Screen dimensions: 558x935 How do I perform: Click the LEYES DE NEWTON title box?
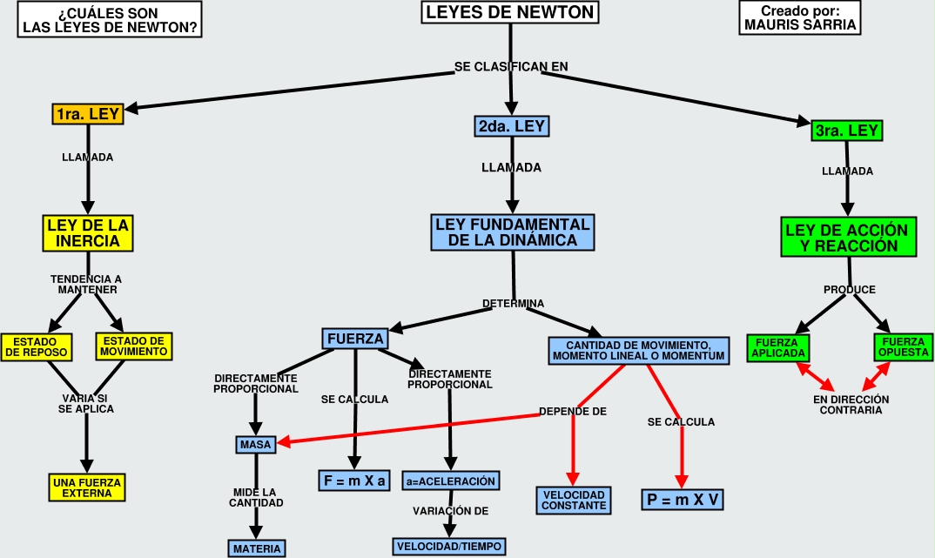click(x=510, y=13)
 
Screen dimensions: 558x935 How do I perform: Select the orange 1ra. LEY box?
click(x=87, y=114)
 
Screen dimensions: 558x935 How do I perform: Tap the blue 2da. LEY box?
click(x=512, y=126)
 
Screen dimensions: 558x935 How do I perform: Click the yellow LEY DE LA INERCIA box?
click(x=88, y=232)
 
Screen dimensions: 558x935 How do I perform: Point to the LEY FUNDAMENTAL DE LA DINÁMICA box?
click(x=512, y=232)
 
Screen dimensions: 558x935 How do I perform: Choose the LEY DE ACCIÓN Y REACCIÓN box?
click(x=846, y=239)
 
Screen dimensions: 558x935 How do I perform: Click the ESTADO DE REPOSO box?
click(x=37, y=346)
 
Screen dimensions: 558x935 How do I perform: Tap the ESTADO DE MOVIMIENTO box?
click(x=132, y=346)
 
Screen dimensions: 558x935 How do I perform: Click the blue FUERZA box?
click(x=355, y=338)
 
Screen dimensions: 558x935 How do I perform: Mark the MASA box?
click(x=255, y=445)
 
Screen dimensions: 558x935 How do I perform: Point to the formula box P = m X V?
click(x=683, y=499)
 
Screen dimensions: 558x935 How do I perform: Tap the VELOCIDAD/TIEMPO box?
click(x=449, y=546)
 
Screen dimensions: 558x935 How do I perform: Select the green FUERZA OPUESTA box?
click(x=897, y=347)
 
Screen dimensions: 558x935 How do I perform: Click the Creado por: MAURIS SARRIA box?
click(x=789, y=18)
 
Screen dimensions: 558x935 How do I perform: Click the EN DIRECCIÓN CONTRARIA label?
click(x=851, y=405)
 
